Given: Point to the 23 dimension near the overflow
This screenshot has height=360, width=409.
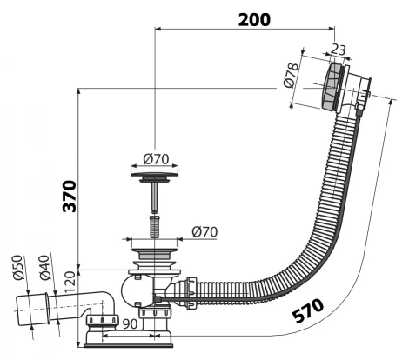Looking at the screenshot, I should (x=338, y=50).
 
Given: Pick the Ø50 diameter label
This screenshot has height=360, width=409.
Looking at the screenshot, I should (x=17, y=271).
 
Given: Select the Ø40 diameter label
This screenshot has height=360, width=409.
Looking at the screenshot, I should (x=41, y=270).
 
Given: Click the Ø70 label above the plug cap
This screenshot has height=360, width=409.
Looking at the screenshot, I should (x=156, y=160).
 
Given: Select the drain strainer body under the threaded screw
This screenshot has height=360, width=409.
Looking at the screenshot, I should (x=156, y=258).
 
